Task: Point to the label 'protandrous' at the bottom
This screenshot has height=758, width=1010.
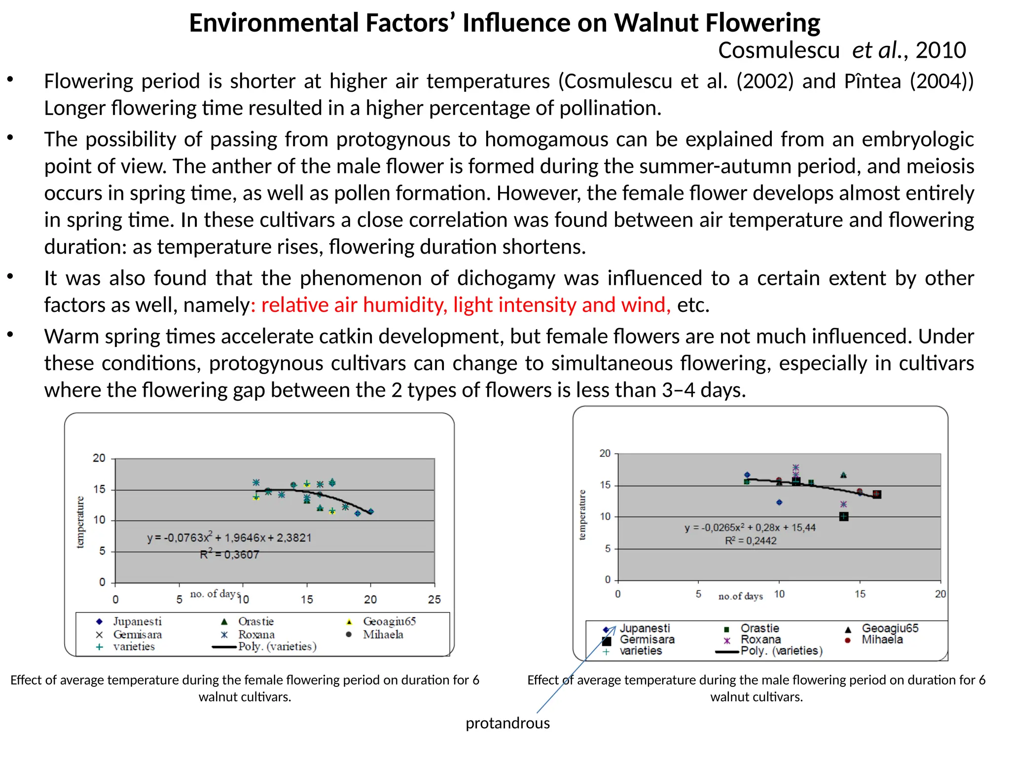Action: [507, 723]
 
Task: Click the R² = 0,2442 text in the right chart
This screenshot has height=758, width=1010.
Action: [751, 541]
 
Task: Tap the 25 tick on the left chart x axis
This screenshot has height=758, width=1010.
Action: [434, 600]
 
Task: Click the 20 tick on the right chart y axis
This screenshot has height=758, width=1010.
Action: [605, 454]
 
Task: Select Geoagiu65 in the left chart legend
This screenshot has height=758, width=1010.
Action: [389, 621]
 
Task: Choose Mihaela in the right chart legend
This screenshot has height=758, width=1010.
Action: [882, 640]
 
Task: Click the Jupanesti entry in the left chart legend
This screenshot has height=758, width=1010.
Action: [137, 621]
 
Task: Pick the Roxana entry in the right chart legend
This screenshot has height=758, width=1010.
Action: [760, 640]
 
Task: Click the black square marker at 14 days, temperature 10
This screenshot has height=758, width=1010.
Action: [844, 517]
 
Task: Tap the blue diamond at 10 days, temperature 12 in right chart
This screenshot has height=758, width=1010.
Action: [779, 502]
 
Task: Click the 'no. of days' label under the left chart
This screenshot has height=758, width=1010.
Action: [215, 594]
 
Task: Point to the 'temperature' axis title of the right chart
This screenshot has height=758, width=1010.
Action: [582, 515]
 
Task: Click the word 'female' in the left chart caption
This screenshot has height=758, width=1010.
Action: [265, 680]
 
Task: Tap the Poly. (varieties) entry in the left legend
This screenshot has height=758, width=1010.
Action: [277, 646]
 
